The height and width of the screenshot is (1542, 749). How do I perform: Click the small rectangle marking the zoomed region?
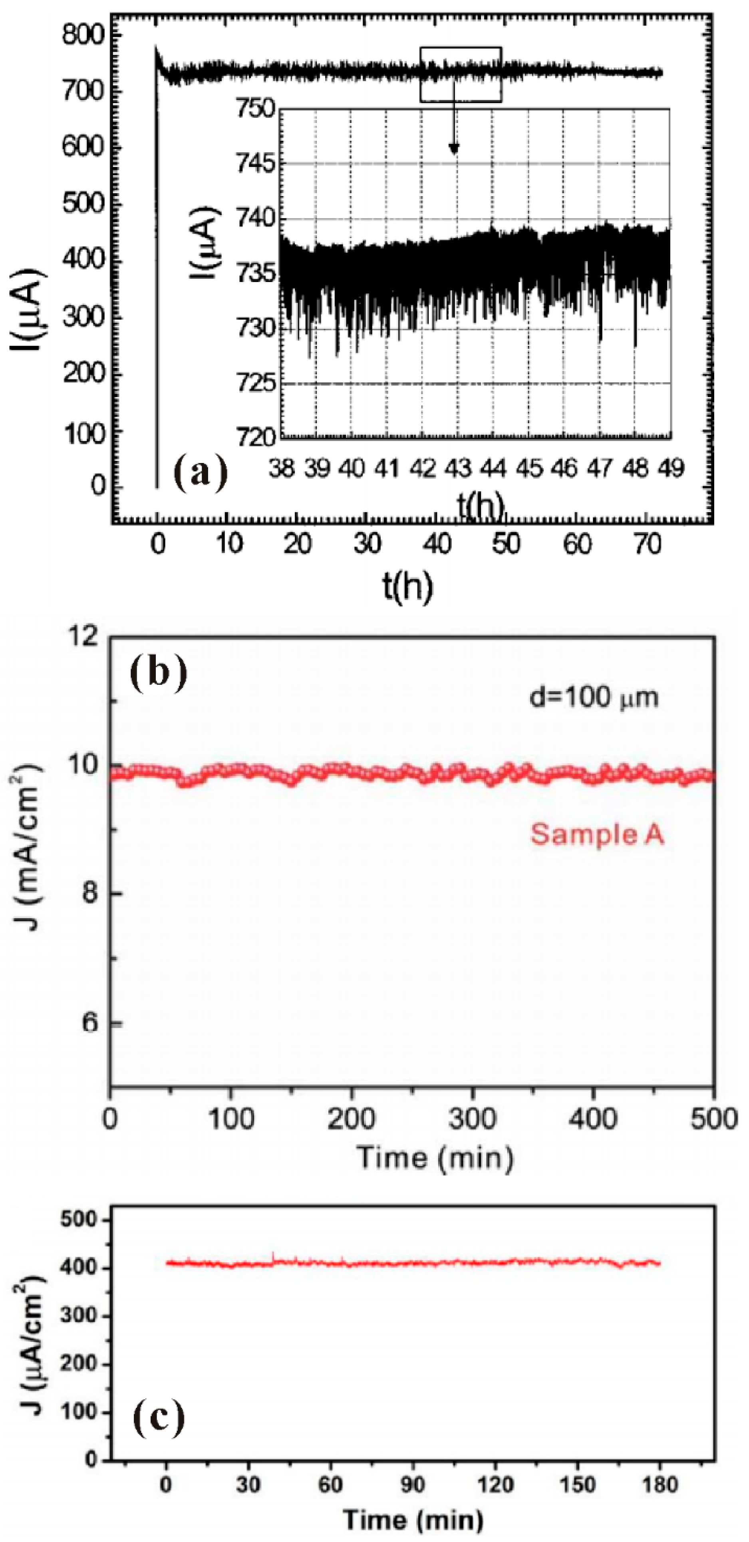click(461, 75)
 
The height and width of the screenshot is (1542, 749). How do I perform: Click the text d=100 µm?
click(594, 697)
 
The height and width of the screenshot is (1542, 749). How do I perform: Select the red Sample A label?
click(597, 834)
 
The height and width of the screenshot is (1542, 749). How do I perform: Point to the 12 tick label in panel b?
click(83, 637)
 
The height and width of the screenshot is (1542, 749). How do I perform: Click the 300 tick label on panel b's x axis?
click(473, 1119)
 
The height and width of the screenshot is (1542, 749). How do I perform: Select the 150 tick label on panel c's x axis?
click(577, 1485)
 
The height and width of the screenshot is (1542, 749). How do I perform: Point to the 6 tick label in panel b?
click(90, 1023)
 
